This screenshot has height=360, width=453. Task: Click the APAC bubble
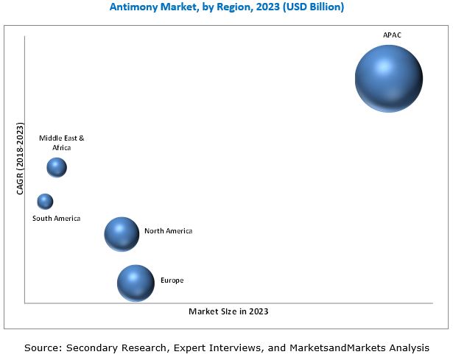[x=388, y=79]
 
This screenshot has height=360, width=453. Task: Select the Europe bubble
[x=136, y=283]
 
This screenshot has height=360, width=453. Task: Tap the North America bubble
[x=122, y=234]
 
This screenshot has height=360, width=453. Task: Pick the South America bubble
[x=46, y=201]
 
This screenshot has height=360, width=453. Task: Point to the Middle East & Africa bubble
[x=57, y=168]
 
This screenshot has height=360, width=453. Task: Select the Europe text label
[x=172, y=280]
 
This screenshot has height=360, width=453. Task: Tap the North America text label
[x=168, y=231]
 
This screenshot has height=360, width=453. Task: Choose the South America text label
[x=57, y=218]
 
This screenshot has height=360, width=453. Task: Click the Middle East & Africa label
[x=62, y=143]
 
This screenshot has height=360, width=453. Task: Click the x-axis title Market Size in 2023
[x=228, y=311]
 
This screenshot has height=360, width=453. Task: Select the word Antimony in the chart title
[x=133, y=7]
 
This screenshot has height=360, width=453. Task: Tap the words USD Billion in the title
[x=312, y=7]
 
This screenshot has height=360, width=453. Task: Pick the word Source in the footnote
[x=42, y=347]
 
